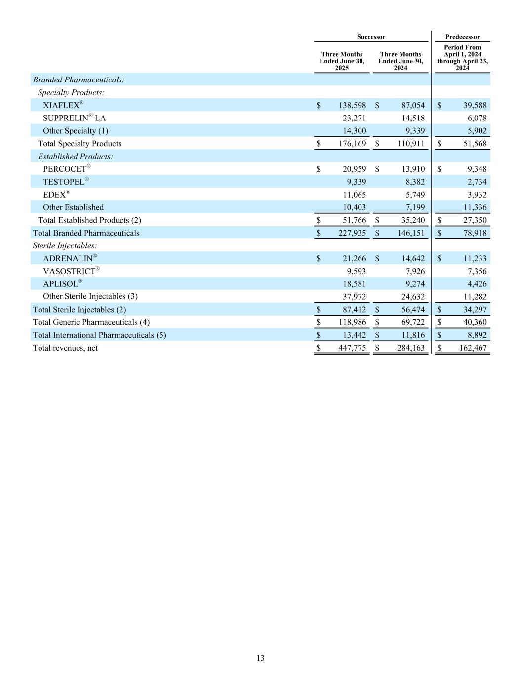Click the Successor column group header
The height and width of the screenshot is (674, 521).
(x=371, y=37)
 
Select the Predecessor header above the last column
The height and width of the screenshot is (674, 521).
(x=462, y=37)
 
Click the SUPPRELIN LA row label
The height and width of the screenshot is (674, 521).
(x=74, y=118)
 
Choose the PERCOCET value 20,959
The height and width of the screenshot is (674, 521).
(x=354, y=169)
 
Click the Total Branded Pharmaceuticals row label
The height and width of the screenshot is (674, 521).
(x=86, y=233)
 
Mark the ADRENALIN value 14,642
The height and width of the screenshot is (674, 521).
(x=410, y=258)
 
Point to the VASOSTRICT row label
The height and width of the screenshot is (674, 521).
(x=71, y=271)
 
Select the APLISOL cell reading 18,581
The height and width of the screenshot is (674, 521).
(x=354, y=284)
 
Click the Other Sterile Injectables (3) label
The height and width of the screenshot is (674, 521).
(x=90, y=296)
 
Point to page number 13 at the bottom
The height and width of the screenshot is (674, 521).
(x=260, y=658)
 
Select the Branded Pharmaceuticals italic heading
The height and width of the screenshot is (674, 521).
(x=79, y=79)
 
